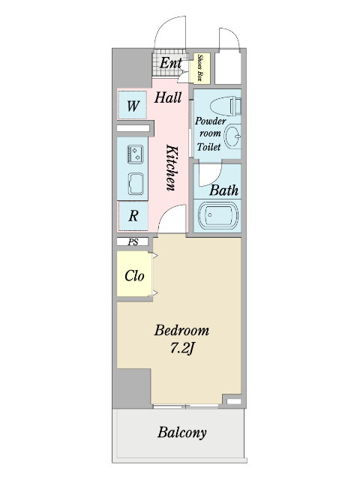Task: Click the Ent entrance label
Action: tap(170, 63)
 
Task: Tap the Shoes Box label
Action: tap(200, 68)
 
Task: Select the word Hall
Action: tap(168, 97)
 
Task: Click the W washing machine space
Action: tap(133, 106)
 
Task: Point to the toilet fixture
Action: tap(226, 106)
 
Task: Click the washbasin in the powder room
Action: tap(232, 136)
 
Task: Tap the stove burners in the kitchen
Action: tap(135, 154)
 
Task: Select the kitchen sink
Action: tap(136, 184)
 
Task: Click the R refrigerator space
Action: tap(133, 217)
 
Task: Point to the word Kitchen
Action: tap(172, 167)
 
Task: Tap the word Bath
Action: tap(223, 190)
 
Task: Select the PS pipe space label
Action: tap(133, 242)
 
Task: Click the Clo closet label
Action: tap(134, 276)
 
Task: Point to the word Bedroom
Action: tap(181, 331)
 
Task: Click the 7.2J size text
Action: tap(182, 348)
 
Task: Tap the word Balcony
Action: tap(181, 433)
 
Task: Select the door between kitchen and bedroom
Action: tap(172, 218)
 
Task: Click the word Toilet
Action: tap(208, 147)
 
